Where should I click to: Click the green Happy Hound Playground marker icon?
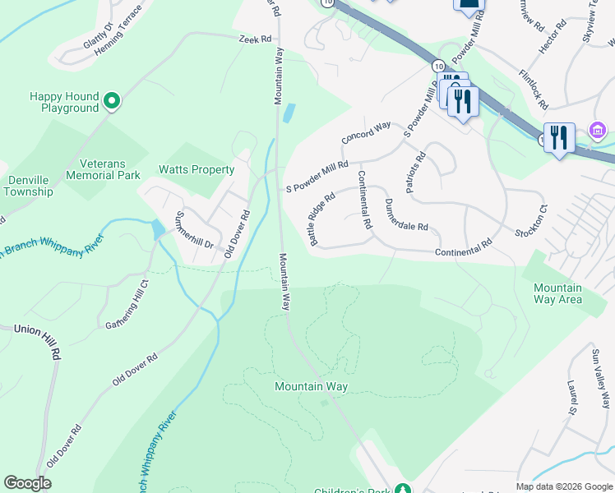[112, 102]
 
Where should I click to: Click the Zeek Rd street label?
[255, 39]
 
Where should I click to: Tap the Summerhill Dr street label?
[194, 232]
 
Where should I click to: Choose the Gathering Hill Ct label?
[127, 305]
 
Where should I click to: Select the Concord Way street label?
[366, 132]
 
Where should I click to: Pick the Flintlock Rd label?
[533, 88]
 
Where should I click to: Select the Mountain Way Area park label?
[557, 293]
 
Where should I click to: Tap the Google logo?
[27, 483]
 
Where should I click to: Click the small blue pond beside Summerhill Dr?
[157, 230]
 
